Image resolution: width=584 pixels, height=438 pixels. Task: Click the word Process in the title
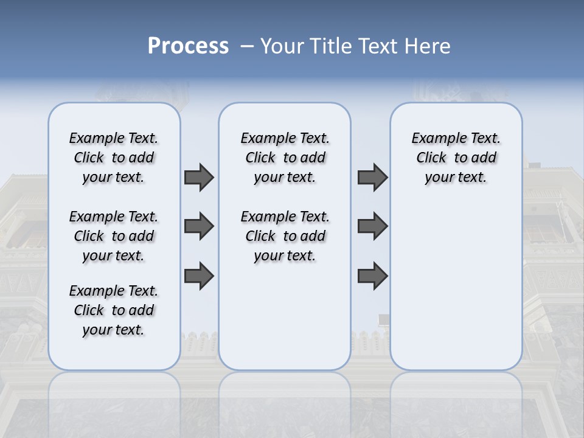pyautogui.click(x=188, y=46)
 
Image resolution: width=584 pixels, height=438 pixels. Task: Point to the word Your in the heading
pyautogui.click(x=283, y=46)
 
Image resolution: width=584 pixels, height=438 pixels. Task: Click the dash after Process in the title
pyautogui.click(x=247, y=47)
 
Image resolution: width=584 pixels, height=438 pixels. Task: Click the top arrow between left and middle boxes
pyautogui.click(x=199, y=177)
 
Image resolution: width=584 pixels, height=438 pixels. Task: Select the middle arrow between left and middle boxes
pyautogui.click(x=199, y=226)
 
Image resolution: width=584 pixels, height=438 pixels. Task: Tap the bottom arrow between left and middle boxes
pyautogui.click(x=199, y=276)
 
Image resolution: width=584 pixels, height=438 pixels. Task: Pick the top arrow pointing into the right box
pyautogui.click(x=372, y=177)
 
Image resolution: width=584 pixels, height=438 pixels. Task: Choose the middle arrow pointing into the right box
pyautogui.click(x=372, y=226)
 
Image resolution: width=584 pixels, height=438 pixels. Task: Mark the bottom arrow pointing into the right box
pyautogui.click(x=372, y=276)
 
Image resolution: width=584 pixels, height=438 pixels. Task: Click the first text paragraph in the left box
pyautogui.click(x=114, y=158)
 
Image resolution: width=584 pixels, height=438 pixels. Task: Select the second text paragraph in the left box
pyautogui.click(x=114, y=236)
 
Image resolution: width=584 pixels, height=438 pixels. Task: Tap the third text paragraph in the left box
pyautogui.click(x=114, y=310)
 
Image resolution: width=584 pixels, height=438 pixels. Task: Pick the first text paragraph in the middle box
pyautogui.click(x=285, y=158)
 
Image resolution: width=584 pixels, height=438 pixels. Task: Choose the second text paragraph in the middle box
pyautogui.click(x=285, y=236)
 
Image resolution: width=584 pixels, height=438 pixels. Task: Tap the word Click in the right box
pyautogui.click(x=431, y=158)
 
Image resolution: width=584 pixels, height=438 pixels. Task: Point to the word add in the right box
pyautogui.click(x=484, y=158)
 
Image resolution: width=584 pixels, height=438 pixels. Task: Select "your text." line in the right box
pyautogui.click(x=456, y=178)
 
